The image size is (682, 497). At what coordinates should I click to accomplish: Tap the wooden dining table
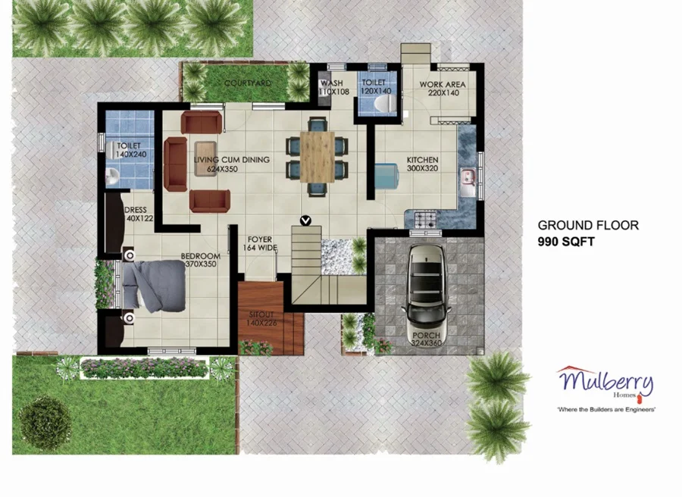coord(317,157)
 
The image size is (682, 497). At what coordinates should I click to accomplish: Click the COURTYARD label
coord(248,83)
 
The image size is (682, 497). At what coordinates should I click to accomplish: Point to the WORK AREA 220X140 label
coord(443,89)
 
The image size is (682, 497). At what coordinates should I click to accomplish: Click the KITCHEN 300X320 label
coord(422,164)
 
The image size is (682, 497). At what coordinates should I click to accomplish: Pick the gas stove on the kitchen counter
coord(424,220)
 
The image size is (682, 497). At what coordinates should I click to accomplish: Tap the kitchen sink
coord(469,183)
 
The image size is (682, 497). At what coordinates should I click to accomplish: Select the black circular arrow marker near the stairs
coord(306,220)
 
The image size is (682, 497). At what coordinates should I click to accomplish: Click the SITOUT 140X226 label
coord(261,318)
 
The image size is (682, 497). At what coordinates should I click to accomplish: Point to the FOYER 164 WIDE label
coord(260,243)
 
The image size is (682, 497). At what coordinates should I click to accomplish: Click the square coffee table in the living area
coord(205,158)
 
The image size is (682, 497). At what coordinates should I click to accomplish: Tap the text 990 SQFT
coord(566,242)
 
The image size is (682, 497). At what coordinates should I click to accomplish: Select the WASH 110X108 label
coord(333,87)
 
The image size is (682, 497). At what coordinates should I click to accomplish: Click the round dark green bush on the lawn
coord(45,422)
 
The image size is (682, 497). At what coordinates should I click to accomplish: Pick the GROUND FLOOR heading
coord(588,225)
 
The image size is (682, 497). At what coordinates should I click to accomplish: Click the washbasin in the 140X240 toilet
coord(112,176)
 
